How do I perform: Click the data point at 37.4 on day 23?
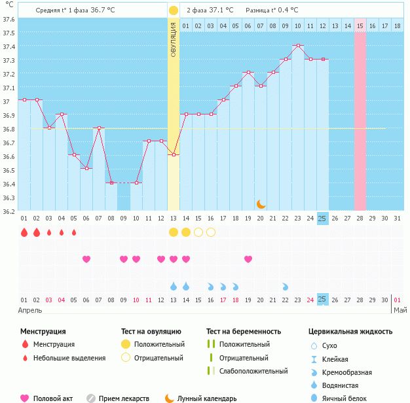298,46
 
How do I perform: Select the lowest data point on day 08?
111,183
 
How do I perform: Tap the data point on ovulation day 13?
174,155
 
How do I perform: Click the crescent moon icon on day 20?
261,204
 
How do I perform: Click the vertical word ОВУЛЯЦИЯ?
174,39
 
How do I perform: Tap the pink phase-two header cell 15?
360,26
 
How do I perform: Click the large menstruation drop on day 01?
24,232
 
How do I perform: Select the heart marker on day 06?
86,259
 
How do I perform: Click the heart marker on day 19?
248,259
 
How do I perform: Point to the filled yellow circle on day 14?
186,232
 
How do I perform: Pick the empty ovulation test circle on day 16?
211,232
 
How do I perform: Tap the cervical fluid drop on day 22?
286,287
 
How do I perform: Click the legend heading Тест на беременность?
243,332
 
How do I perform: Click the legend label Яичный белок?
348,398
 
